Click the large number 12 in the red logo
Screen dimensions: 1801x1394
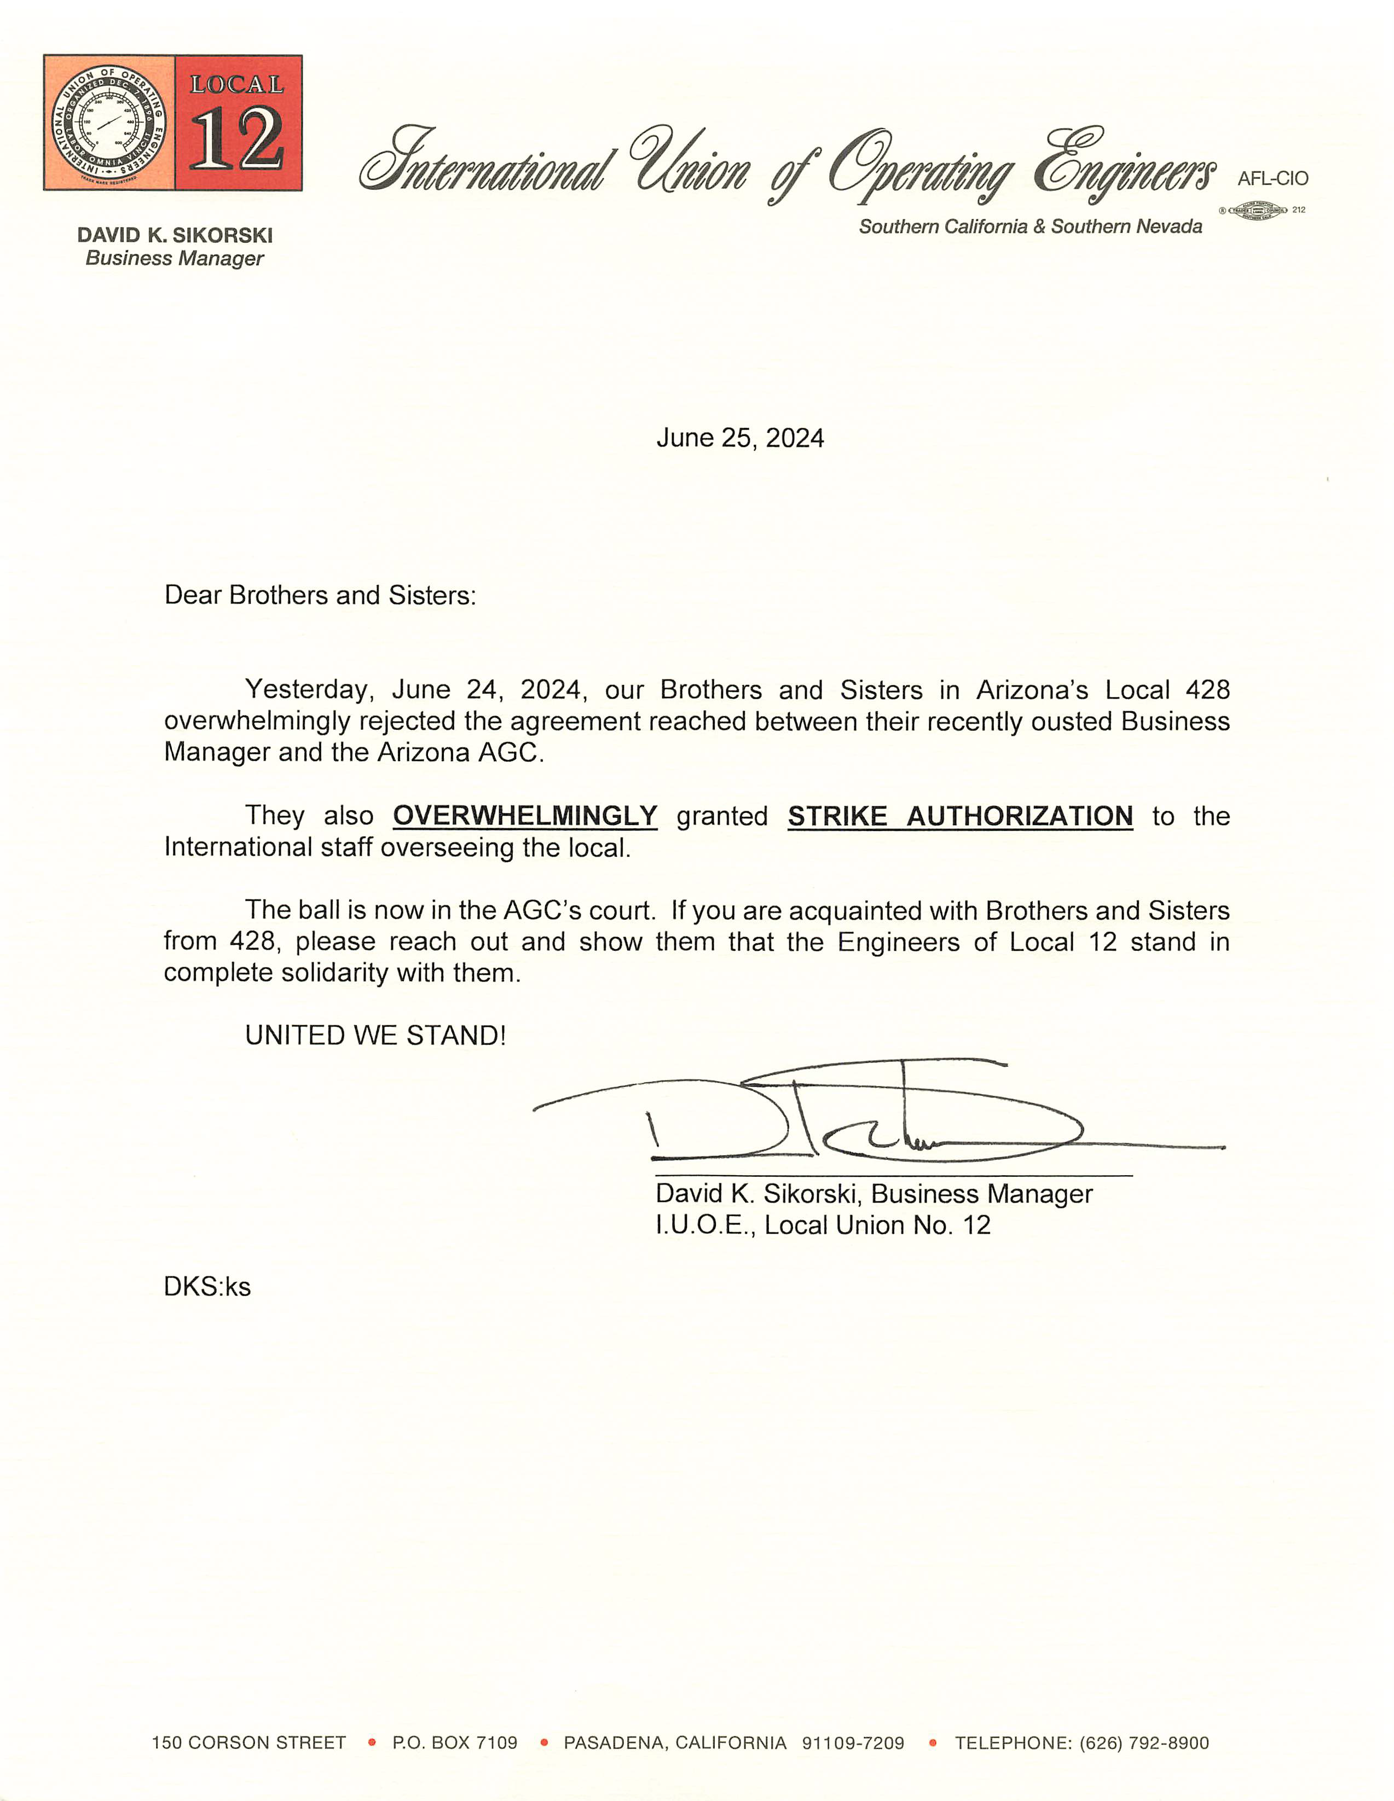tap(238, 140)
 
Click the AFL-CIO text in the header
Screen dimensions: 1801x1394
tap(1272, 179)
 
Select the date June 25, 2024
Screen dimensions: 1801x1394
tap(740, 438)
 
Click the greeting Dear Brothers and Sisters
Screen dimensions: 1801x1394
tap(320, 595)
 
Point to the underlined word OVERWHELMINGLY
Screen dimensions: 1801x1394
tap(525, 816)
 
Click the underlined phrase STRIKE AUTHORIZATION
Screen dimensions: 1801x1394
tap(960, 816)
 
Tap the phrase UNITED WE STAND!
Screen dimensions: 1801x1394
tap(375, 1035)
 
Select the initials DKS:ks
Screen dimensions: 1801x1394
tap(207, 1286)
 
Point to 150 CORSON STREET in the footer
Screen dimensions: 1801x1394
tap(248, 1742)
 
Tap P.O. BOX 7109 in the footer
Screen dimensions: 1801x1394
tap(454, 1742)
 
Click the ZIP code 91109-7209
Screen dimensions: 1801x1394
tap(853, 1742)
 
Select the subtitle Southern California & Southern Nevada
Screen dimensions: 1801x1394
tap(1030, 226)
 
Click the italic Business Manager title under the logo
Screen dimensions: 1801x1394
tap(175, 258)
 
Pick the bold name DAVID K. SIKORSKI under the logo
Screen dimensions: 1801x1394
tap(175, 235)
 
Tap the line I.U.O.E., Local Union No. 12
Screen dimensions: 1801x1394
tap(823, 1224)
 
